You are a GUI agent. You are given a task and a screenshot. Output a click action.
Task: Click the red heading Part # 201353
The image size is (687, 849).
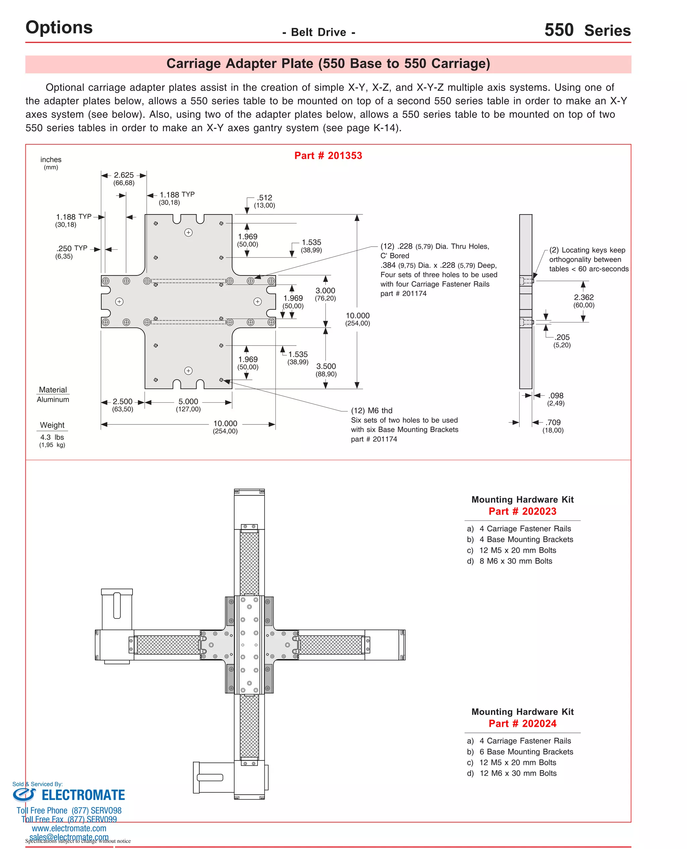pos(328,156)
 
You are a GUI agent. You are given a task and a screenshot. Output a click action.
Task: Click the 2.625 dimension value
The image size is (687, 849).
pos(123,175)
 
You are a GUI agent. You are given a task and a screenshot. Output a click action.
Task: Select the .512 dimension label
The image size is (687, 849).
pos(265,198)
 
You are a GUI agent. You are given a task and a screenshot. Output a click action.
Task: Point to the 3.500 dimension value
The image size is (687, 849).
pos(326,366)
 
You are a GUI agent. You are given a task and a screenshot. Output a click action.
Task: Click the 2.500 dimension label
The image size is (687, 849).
pos(122,401)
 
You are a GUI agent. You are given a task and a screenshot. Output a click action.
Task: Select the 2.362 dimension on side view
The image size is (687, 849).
pos(584,297)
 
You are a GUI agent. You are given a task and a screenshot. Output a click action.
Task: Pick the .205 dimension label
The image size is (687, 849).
pos(562,337)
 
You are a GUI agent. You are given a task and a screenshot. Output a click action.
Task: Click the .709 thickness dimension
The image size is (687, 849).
pos(553,422)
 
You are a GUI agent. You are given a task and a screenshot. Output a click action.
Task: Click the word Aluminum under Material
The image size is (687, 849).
pos(53,399)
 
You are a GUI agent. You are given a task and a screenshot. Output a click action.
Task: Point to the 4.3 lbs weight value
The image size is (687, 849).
pos(52,437)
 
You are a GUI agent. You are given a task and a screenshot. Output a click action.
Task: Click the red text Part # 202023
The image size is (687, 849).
pos(522,511)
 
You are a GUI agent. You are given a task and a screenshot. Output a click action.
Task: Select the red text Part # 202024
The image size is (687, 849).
pos(522,723)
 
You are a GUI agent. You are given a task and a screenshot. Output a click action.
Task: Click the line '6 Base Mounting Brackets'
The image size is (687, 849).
pos(526,752)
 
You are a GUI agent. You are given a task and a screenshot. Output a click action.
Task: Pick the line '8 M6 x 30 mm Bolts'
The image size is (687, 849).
pos(516,561)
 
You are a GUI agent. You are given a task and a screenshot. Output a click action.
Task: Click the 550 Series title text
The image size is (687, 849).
pos(587,30)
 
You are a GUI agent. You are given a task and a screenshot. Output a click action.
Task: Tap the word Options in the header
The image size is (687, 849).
pos(59,27)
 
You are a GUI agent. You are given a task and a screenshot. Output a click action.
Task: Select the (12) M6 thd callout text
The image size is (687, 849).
pos(372,410)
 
